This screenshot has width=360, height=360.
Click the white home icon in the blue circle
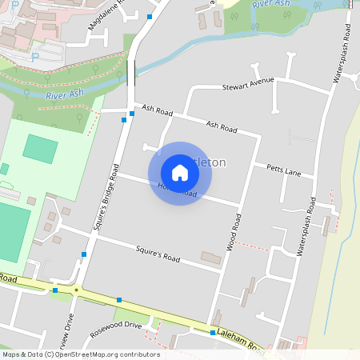point(180,172)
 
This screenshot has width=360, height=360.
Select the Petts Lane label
point(284,171)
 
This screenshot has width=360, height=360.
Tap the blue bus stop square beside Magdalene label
point(150,16)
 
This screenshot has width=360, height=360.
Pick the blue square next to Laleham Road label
point(213,332)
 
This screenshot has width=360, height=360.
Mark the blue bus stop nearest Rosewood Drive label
point(119,300)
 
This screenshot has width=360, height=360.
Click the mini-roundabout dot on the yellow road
point(76,290)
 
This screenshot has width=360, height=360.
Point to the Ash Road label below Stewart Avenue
point(222,126)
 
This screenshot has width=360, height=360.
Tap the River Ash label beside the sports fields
point(65,95)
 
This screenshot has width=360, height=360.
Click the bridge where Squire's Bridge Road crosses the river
point(131,72)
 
